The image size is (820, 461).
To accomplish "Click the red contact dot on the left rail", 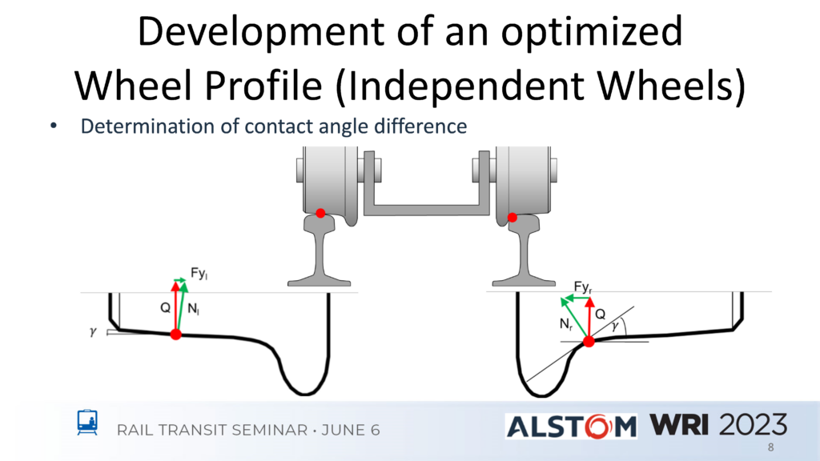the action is [320, 213].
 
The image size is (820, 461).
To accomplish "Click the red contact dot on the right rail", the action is [512, 218].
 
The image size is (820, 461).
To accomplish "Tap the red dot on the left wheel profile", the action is [176, 335].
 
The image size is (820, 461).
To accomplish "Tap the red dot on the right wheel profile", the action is [589, 342].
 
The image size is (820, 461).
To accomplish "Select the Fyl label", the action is [199, 274].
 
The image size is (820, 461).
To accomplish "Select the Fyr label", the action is [583, 287].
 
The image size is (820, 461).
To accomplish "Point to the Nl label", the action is [194, 309].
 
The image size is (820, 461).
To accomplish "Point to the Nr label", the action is [566, 325].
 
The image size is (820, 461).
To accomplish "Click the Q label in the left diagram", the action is [165, 308].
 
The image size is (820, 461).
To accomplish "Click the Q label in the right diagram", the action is [601, 314].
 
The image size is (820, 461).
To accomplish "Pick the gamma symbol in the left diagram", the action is [93, 332].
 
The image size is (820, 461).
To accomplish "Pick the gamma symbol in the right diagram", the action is [615, 327].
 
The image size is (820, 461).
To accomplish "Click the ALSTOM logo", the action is [571, 426].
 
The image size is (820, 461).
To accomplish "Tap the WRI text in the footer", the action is [679, 424].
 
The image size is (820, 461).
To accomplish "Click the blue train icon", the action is [87, 423].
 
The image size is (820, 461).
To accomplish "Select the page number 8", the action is [771, 447].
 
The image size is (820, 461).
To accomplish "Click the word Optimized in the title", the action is [592, 32].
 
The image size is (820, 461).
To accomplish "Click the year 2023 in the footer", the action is [753, 424].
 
